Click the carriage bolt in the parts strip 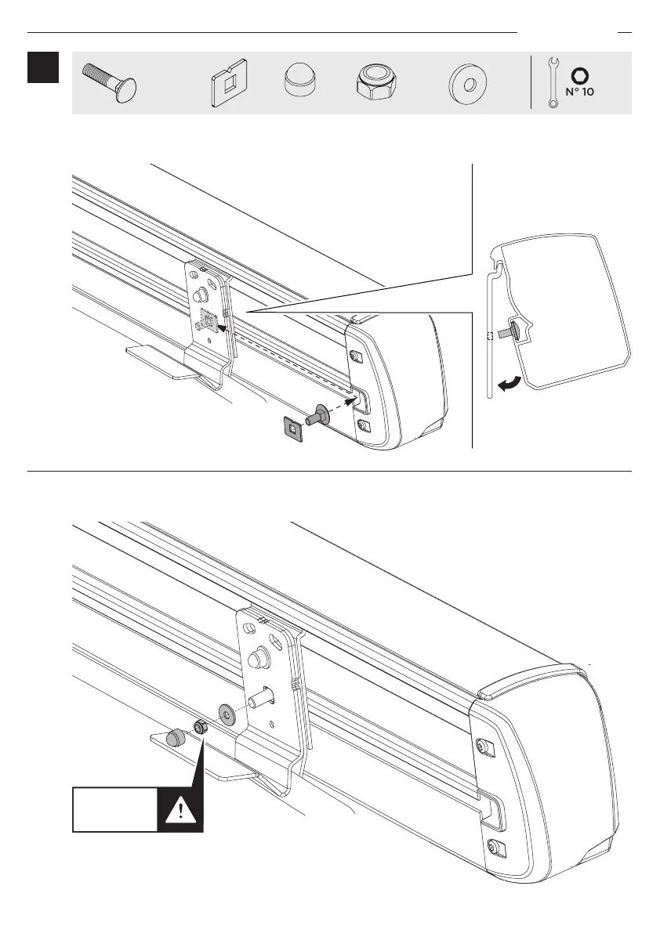click(x=109, y=81)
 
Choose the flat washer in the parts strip click(x=467, y=82)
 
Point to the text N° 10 click(x=580, y=92)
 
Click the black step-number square click(x=43, y=68)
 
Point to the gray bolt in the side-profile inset click(x=518, y=332)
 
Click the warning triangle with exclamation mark click(x=181, y=809)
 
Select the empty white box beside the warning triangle click(x=114, y=809)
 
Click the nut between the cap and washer click(x=200, y=726)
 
